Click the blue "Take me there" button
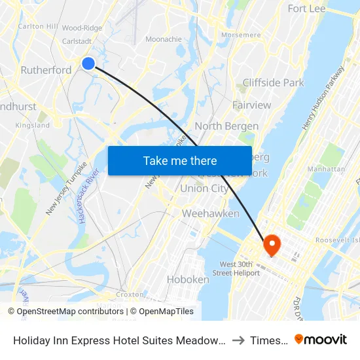[x=180, y=160]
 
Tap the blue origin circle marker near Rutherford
[x=88, y=63]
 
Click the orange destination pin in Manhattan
[x=271, y=245]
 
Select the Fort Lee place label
[x=306, y=9]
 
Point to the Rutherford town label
[x=46, y=70]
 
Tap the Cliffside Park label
[x=273, y=82]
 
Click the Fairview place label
[x=251, y=105]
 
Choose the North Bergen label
[x=226, y=126]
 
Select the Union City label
[x=204, y=189]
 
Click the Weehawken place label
[x=201, y=213]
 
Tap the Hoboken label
[x=188, y=279]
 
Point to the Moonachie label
[x=163, y=39]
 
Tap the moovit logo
[x=321, y=339]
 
